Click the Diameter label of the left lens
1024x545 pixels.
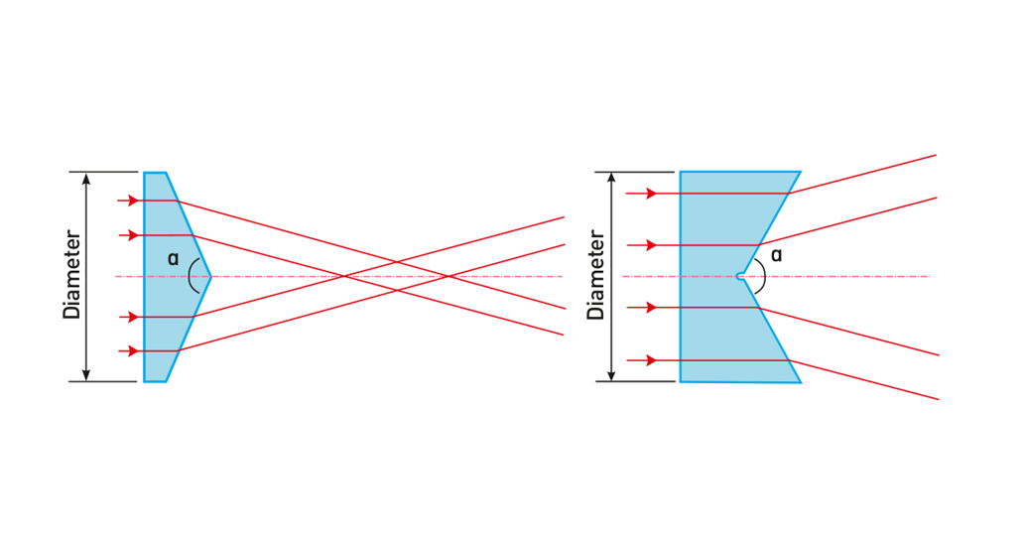click(71, 276)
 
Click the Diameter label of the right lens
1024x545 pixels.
click(596, 276)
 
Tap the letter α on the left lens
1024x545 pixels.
click(173, 259)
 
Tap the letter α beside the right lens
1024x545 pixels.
click(776, 255)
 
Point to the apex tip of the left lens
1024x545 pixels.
click(212, 276)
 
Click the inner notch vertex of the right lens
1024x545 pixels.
click(744, 276)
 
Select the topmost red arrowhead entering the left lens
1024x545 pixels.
click(133, 201)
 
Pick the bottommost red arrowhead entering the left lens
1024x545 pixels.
click(133, 350)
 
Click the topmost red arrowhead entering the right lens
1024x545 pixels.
click(650, 194)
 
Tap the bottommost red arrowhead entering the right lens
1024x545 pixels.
click(650, 359)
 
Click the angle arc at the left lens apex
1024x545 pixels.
click(191, 276)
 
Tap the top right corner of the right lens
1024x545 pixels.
click(801, 172)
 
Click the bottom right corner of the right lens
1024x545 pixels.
click(801, 382)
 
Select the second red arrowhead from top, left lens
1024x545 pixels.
click(133, 235)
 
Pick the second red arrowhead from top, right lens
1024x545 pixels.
click(650, 244)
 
